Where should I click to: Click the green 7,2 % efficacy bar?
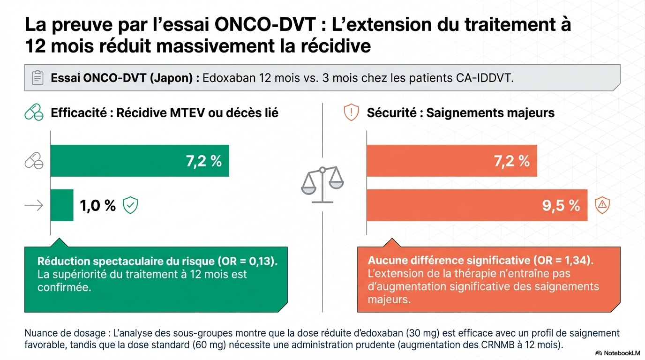click(140, 161)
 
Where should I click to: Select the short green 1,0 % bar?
click(62, 205)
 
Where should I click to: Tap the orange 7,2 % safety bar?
click(451, 161)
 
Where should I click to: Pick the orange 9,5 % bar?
click(477, 205)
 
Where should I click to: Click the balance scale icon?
click(322, 184)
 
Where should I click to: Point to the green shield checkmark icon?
click(130, 205)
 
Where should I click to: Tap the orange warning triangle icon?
click(601, 205)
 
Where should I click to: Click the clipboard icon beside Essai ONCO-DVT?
click(37, 78)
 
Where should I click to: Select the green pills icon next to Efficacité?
click(33, 113)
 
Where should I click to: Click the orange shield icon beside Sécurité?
click(351, 113)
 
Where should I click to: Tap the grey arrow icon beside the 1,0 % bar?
click(33, 205)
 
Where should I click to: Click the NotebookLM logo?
click(617, 352)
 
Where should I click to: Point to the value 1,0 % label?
click(97, 205)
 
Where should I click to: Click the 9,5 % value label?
click(561, 205)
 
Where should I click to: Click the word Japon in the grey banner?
click(174, 78)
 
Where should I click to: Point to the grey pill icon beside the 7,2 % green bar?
click(34, 161)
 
